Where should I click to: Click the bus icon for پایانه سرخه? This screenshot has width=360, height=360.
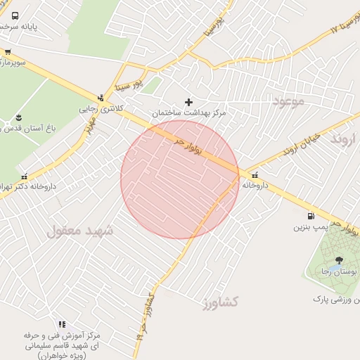(15, 15)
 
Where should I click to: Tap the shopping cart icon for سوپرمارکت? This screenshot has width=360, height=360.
(8, 51)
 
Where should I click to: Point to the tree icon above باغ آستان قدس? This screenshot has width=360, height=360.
(19, 117)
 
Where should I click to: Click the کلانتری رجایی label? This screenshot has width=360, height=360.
(101, 109)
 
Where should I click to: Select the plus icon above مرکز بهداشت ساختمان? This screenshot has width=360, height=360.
(188, 102)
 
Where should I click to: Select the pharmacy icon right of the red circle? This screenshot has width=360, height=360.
(254, 175)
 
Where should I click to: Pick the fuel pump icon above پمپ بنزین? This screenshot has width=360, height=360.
(310, 217)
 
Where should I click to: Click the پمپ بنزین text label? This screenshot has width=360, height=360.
(310, 228)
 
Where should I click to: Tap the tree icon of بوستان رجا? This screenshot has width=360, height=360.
(339, 259)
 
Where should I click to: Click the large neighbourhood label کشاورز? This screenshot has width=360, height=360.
(219, 302)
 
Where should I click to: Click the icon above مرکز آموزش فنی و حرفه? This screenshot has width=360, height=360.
(62, 324)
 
